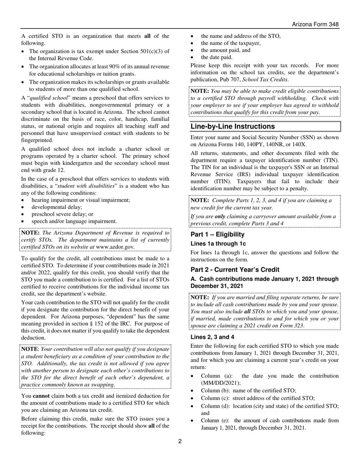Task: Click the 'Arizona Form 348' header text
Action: pos(315,24)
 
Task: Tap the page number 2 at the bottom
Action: pos(180,441)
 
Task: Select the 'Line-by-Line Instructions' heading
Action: pos(232,126)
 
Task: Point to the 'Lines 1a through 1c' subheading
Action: pos(218,244)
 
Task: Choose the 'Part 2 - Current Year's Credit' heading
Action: pos(235,269)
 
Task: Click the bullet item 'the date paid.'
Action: pos(216,57)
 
